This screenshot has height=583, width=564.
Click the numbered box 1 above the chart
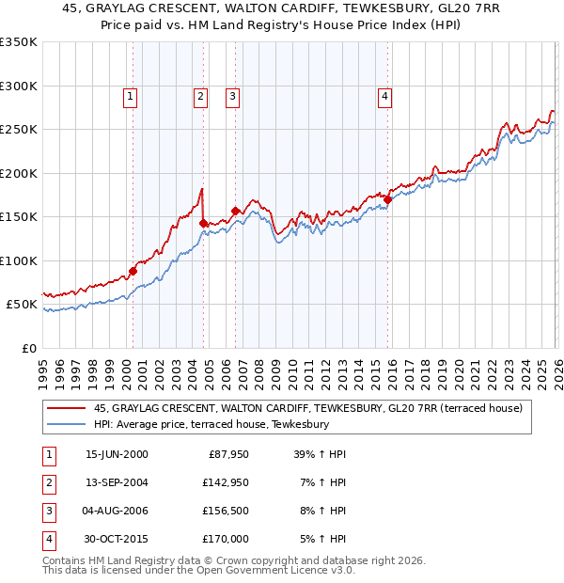(x=130, y=94)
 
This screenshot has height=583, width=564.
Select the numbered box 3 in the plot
(x=232, y=94)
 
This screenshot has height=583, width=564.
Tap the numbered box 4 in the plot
(x=385, y=94)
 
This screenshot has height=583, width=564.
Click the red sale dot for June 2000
(x=133, y=271)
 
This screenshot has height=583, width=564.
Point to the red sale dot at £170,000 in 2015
(x=387, y=199)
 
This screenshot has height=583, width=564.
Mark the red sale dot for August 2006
(x=235, y=211)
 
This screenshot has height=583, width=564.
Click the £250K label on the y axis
(x=19, y=130)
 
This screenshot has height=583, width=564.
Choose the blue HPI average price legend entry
(x=211, y=425)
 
